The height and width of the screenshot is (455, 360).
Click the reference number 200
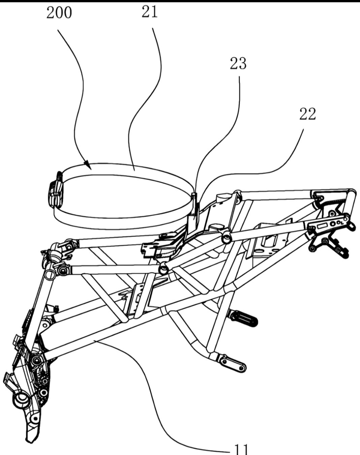pyautogui.click(x=59, y=13)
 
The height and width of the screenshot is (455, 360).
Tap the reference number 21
pyautogui.click(x=150, y=12)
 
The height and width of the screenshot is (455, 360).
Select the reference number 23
pyautogui.click(x=238, y=64)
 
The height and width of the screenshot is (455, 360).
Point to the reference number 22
pyautogui.click(x=307, y=115)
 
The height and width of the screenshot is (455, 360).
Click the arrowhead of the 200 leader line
pyautogui.click(x=88, y=166)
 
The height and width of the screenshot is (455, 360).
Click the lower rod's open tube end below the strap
pyautogui.click(x=164, y=269)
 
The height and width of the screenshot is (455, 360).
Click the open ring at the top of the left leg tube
pyautogui.click(x=50, y=270)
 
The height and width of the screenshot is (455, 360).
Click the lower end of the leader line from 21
pyautogui.click(x=134, y=170)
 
